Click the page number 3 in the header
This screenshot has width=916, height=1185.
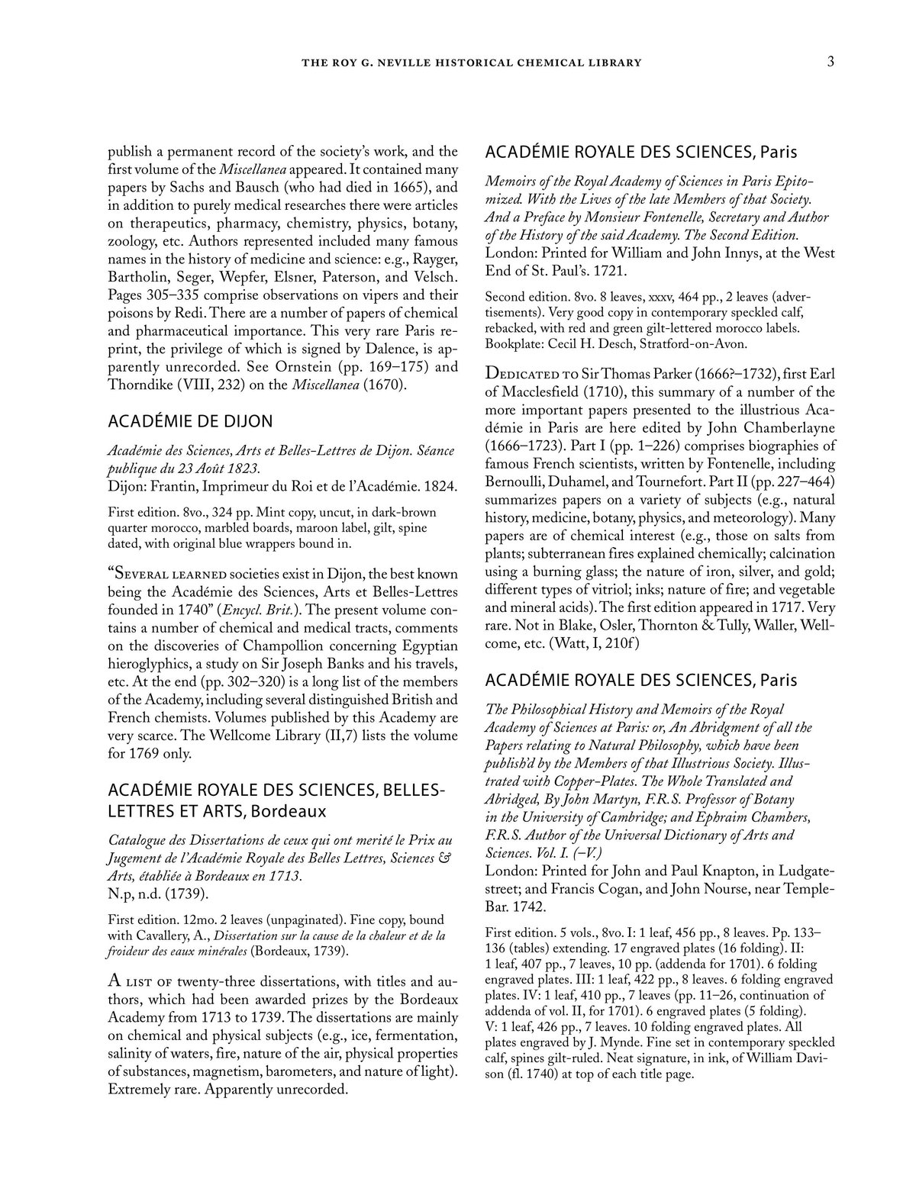(830, 62)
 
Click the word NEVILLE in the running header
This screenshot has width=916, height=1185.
(402, 63)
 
